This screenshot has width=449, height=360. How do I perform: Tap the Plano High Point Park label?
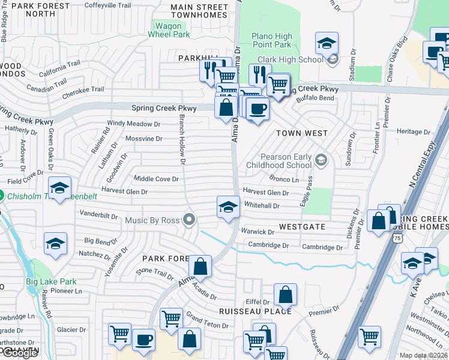272,40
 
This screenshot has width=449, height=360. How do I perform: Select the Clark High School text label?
290,59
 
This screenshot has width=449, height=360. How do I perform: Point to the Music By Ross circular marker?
190,220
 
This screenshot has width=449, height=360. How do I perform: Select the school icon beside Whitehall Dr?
227,207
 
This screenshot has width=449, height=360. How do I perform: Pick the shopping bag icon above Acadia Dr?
200,266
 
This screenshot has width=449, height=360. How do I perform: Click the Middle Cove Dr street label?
156,179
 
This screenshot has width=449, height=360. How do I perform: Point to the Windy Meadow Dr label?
134,124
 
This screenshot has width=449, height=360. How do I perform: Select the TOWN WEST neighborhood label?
301,133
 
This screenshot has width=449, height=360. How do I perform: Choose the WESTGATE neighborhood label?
302,227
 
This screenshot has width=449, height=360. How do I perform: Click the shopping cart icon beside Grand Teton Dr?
171,318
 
